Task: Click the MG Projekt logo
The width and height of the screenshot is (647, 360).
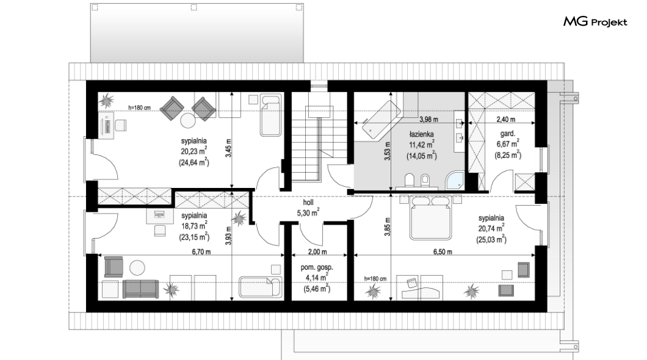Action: point(595,22)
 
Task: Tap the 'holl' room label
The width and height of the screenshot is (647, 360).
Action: point(308,203)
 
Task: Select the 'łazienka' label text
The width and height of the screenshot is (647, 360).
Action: point(421,134)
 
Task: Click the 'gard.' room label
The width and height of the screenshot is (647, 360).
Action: point(508,134)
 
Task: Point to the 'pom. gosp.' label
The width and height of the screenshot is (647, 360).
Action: point(317,267)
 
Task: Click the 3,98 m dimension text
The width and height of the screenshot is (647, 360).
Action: point(428,120)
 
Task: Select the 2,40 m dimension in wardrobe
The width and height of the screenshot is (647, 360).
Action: point(505,120)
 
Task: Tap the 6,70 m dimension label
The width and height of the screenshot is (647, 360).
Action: point(201,251)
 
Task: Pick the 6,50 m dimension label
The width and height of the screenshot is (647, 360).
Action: point(443,251)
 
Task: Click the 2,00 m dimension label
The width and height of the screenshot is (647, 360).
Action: point(317,251)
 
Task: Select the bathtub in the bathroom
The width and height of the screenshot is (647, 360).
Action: point(381,119)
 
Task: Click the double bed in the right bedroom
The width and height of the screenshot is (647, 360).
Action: point(430,217)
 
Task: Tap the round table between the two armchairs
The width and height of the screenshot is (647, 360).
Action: point(188,120)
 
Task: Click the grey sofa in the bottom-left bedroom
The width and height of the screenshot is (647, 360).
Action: point(140,289)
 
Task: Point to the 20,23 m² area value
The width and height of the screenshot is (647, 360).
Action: point(193,151)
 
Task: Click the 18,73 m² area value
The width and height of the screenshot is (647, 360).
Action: point(193,226)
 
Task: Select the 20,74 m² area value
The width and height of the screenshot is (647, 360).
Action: point(491,228)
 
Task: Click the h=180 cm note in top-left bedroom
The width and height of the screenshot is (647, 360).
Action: point(139,107)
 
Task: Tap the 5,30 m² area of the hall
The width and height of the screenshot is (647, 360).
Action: point(308,213)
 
